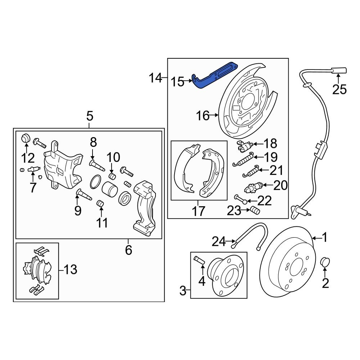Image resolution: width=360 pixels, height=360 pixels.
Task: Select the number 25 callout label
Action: click(x=339, y=89)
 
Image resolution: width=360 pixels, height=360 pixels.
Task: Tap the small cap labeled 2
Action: click(x=325, y=262)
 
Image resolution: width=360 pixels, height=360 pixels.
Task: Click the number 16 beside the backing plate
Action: click(x=203, y=116)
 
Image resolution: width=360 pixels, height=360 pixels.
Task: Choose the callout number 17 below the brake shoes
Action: click(x=198, y=211)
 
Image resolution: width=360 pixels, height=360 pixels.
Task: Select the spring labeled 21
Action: click(x=251, y=171)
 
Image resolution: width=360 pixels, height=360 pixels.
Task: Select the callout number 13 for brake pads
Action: click(x=71, y=269)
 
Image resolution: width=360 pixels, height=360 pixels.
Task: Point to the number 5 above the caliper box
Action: click(x=89, y=116)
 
